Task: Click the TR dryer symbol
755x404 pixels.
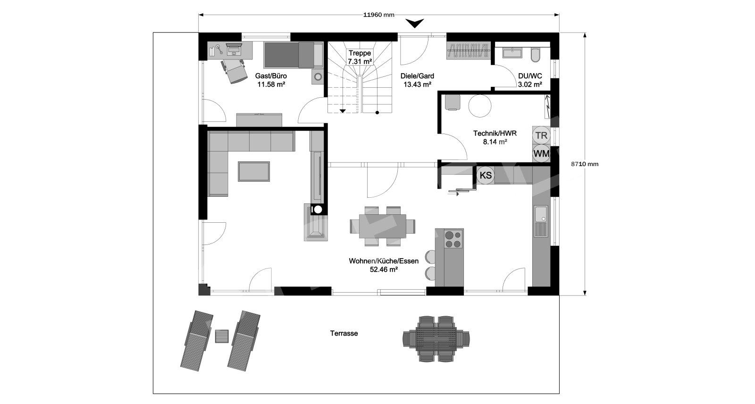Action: [x=541, y=135]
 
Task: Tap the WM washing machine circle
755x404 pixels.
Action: [x=541, y=154]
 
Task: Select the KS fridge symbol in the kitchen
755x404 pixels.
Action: [x=486, y=176]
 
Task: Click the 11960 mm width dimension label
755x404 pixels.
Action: [x=379, y=15]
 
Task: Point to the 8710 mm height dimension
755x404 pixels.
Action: [x=585, y=164]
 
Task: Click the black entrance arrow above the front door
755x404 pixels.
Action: [x=415, y=23]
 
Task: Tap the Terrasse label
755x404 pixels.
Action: [x=344, y=334]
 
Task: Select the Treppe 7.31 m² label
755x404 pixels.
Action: [x=360, y=57]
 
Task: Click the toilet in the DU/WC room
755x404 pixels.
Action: [x=536, y=55]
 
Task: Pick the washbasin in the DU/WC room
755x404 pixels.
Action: [x=512, y=53]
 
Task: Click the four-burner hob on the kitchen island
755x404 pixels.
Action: [x=453, y=239]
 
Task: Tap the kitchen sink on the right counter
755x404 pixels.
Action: [x=541, y=221]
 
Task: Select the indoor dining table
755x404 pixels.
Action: [x=383, y=226]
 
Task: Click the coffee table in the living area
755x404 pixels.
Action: [x=254, y=171]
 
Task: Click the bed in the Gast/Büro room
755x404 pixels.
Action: [x=293, y=55]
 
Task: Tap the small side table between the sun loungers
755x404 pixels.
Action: [x=222, y=336]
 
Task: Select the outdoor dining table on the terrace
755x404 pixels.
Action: [x=436, y=339]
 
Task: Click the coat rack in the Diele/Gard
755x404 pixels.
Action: [x=468, y=50]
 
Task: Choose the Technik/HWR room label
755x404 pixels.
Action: [x=495, y=138]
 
